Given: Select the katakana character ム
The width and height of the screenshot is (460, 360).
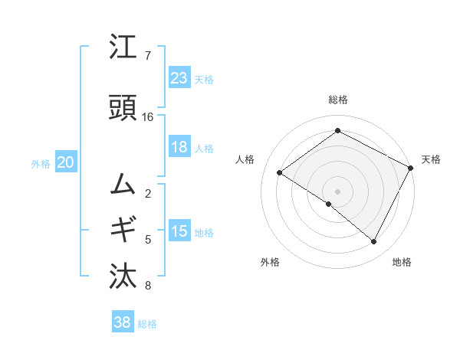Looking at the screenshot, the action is pyautogui.click(x=123, y=183).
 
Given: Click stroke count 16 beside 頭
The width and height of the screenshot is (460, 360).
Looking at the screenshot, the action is pyautogui.click(x=148, y=117).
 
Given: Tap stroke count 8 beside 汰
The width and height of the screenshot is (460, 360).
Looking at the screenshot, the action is pyautogui.click(x=148, y=286).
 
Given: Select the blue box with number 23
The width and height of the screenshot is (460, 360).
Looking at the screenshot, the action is pyautogui.click(x=179, y=78).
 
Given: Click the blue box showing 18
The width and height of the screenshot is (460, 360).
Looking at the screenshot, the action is pyautogui.click(x=179, y=148).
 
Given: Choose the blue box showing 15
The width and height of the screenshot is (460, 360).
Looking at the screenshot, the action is pyautogui.click(x=179, y=232).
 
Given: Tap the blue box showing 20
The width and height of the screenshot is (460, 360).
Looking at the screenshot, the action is pyautogui.click(x=66, y=162).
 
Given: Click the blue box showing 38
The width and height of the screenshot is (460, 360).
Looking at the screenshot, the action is pyautogui.click(x=122, y=323).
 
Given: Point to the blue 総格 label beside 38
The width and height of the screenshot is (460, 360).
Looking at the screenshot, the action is pyautogui.click(x=147, y=324).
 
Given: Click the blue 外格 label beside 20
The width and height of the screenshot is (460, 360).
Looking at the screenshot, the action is pyautogui.click(x=40, y=163).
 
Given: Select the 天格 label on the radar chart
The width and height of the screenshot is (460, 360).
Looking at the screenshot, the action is pyautogui.click(x=431, y=159).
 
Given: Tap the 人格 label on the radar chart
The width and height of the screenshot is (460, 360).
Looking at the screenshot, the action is pyautogui.click(x=245, y=159).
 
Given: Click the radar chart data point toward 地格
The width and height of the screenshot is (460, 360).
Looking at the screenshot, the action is pyautogui.click(x=374, y=242).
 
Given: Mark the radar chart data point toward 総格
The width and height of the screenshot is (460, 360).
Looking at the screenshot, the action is pyautogui.click(x=337, y=131).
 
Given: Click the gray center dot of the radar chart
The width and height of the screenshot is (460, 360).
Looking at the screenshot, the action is pyautogui.click(x=337, y=191).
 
